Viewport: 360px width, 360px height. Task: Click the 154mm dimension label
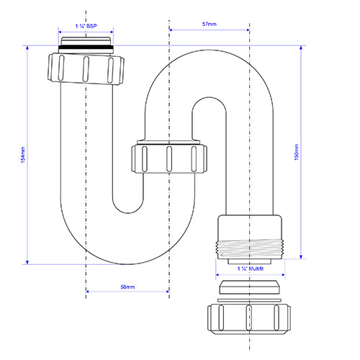click(23, 155)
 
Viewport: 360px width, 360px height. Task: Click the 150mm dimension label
click(297, 152)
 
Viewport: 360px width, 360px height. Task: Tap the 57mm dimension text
click(210, 24)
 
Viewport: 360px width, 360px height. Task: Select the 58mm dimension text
click(127, 287)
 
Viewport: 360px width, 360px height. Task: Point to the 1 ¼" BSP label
click(86, 26)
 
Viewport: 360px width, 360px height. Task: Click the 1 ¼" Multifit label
click(251, 269)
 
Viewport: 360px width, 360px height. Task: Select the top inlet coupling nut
click(86, 69)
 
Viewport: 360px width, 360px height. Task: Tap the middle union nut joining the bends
click(169, 158)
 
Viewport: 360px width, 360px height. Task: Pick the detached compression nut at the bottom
click(249, 318)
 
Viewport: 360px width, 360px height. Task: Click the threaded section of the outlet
click(251, 249)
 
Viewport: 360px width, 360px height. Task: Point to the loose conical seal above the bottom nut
click(250, 287)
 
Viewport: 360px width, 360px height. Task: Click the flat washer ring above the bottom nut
click(249, 300)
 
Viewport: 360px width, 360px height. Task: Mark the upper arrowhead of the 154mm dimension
click(27, 48)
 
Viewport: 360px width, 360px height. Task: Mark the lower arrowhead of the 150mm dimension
click(301, 256)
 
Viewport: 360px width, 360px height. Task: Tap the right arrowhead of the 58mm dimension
click(166, 292)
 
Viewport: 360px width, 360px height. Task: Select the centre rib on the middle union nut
click(169, 158)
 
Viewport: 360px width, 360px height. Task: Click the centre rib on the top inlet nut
click(86, 69)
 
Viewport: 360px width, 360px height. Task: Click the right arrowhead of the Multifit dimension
click(282, 275)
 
